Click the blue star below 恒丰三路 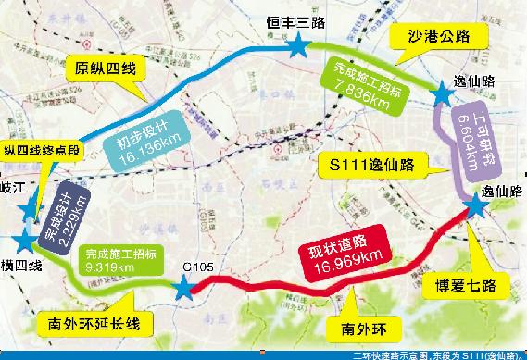[299, 47]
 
